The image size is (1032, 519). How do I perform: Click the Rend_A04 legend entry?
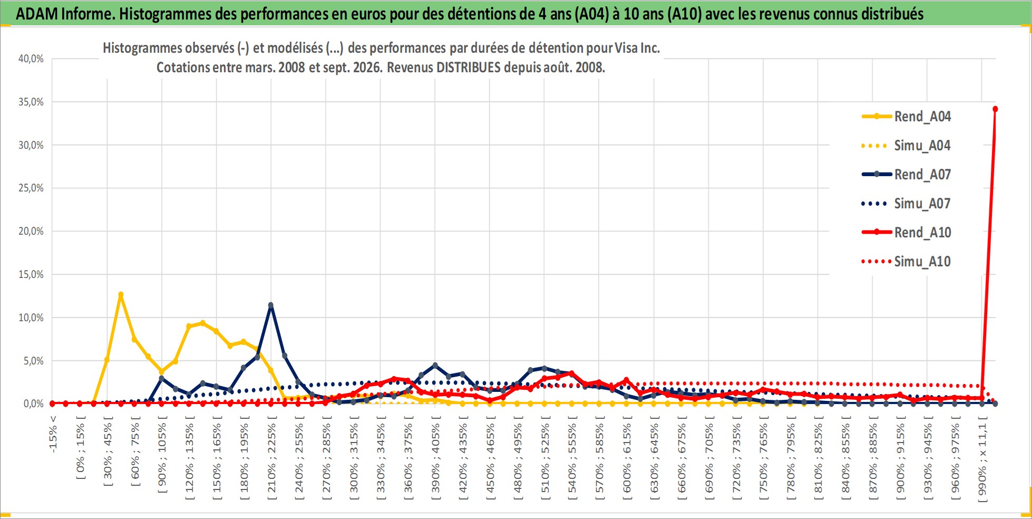pyautogui.click(x=906, y=117)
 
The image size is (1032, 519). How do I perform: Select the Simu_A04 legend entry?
pyautogui.click(x=906, y=146)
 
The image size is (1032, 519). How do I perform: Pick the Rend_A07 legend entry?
pyautogui.click(x=906, y=175)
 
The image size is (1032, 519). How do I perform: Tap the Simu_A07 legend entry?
pyautogui.click(x=906, y=204)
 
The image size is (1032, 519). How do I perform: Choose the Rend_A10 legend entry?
pyautogui.click(x=906, y=233)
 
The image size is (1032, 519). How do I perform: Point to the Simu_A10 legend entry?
pyautogui.click(x=906, y=262)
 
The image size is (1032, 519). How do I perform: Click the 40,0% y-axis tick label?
pyautogui.click(x=31, y=59)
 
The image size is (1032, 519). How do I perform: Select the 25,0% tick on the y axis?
pyautogui.click(x=31, y=188)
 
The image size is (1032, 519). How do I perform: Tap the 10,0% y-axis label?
pyautogui.click(x=31, y=318)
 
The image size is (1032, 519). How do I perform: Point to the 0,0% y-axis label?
pyautogui.click(x=33, y=403)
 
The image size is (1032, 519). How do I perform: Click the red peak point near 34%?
pyautogui.click(x=995, y=109)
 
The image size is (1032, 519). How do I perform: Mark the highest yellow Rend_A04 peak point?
pyautogui.click(x=121, y=295)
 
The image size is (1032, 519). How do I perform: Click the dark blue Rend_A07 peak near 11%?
pyautogui.click(x=271, y=305)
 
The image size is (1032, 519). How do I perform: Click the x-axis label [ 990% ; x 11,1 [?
pyautogui.click(x=982, y=459)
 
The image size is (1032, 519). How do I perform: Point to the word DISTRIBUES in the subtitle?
pyautogui.click(x=469, y=68)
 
